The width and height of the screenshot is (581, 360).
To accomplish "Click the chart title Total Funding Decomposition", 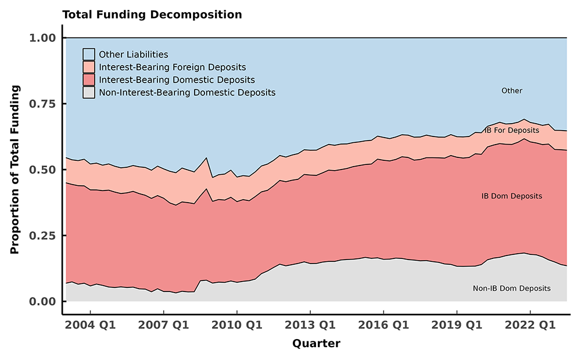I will [x=152, y=15].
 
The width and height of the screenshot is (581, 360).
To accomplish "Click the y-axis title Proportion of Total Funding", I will [x=15, y=170].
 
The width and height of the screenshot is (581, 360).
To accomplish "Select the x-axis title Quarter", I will [x=316, y=343].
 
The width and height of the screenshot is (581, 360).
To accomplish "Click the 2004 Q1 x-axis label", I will [x=90, y=324].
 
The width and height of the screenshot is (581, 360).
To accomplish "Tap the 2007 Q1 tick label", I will [x=163, y=324].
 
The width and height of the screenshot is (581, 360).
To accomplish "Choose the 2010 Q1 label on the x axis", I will [x=236, y=324].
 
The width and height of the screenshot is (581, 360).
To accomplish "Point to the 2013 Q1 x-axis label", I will [x=310, y=324].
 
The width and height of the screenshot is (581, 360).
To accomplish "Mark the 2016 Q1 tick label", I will [x=383, y=324].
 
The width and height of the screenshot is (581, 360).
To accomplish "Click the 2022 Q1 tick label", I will [x=529, y=324].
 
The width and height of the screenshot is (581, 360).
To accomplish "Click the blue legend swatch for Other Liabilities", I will [x=89, y=55].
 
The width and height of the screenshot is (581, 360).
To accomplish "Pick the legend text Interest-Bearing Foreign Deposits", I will [x=173, y=67].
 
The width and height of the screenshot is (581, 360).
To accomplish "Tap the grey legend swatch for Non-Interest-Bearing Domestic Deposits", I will [x=89, y=92].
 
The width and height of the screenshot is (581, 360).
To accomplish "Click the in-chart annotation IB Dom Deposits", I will [x=511, y=196].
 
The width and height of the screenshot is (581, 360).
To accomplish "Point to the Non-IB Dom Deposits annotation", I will [x=511, y=289].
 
